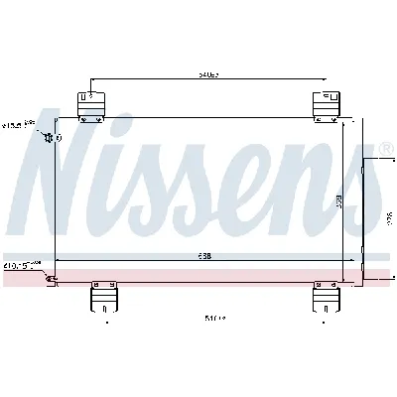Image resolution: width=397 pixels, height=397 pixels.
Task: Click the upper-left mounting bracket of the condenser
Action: (x=90, y=103)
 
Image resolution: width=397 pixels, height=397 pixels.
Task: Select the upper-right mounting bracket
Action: (x=327, y=103)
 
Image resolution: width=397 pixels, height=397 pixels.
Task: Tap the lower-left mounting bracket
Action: (x=103, y=295)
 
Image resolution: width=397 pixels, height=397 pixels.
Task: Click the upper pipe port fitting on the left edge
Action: (x=50, y=137)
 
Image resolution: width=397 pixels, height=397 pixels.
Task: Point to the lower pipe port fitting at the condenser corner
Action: (x=51, y=280)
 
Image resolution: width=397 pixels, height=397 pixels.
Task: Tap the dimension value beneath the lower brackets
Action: (x=214, y=320)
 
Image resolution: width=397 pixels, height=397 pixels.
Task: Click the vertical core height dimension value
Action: (x=338, y=201)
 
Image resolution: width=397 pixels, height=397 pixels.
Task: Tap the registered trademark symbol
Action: (x=387, y=147)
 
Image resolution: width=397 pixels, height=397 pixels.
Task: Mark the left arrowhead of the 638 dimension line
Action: (x=57, y=259)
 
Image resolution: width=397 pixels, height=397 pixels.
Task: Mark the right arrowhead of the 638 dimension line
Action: (x=343, y=259)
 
